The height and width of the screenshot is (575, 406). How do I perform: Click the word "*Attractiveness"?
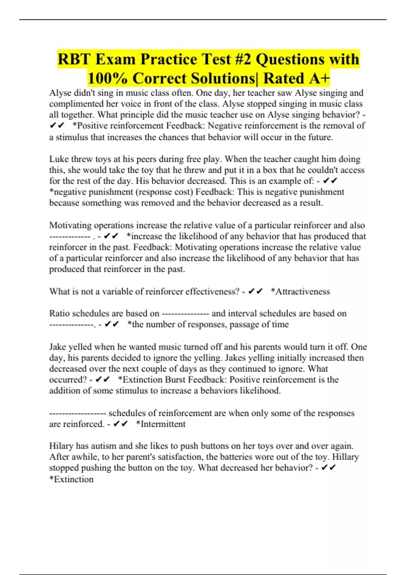tap(300, 292)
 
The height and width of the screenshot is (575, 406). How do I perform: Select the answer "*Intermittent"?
tap(161, 424)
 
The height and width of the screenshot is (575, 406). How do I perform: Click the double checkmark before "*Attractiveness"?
tap(255, 292)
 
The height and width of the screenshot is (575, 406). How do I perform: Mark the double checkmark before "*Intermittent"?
tap(120, 424)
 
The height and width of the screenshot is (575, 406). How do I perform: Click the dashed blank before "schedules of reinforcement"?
tap(78, 413)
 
